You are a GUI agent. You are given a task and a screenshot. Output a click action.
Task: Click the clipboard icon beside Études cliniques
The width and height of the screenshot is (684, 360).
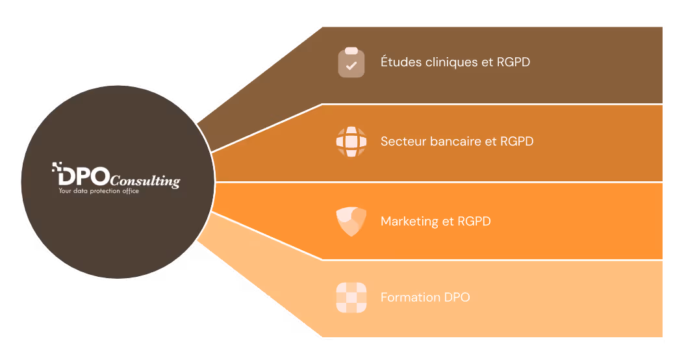(351, 62)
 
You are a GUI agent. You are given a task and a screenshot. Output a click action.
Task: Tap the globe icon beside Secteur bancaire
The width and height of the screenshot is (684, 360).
(351, 141)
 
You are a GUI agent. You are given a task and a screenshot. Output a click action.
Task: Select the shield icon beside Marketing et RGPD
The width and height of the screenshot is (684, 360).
(351, 221)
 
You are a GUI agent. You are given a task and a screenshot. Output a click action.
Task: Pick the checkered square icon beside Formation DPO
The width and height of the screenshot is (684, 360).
(351, 298)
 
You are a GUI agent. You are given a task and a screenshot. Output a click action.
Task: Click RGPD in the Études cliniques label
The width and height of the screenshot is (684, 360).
(513, 62)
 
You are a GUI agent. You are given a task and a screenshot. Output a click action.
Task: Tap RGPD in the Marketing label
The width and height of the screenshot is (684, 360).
(474, 221)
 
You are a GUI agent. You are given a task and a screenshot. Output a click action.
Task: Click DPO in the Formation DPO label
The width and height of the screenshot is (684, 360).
(457, 298)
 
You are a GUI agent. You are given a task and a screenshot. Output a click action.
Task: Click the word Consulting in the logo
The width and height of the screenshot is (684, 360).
(146, 181)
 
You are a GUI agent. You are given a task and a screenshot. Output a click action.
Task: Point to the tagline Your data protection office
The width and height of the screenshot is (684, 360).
(99, 191)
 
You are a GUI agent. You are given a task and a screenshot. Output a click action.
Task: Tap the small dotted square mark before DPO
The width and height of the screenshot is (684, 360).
(56, 167)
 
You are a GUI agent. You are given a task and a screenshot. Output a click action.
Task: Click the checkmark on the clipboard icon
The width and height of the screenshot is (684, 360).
(351, 66)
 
